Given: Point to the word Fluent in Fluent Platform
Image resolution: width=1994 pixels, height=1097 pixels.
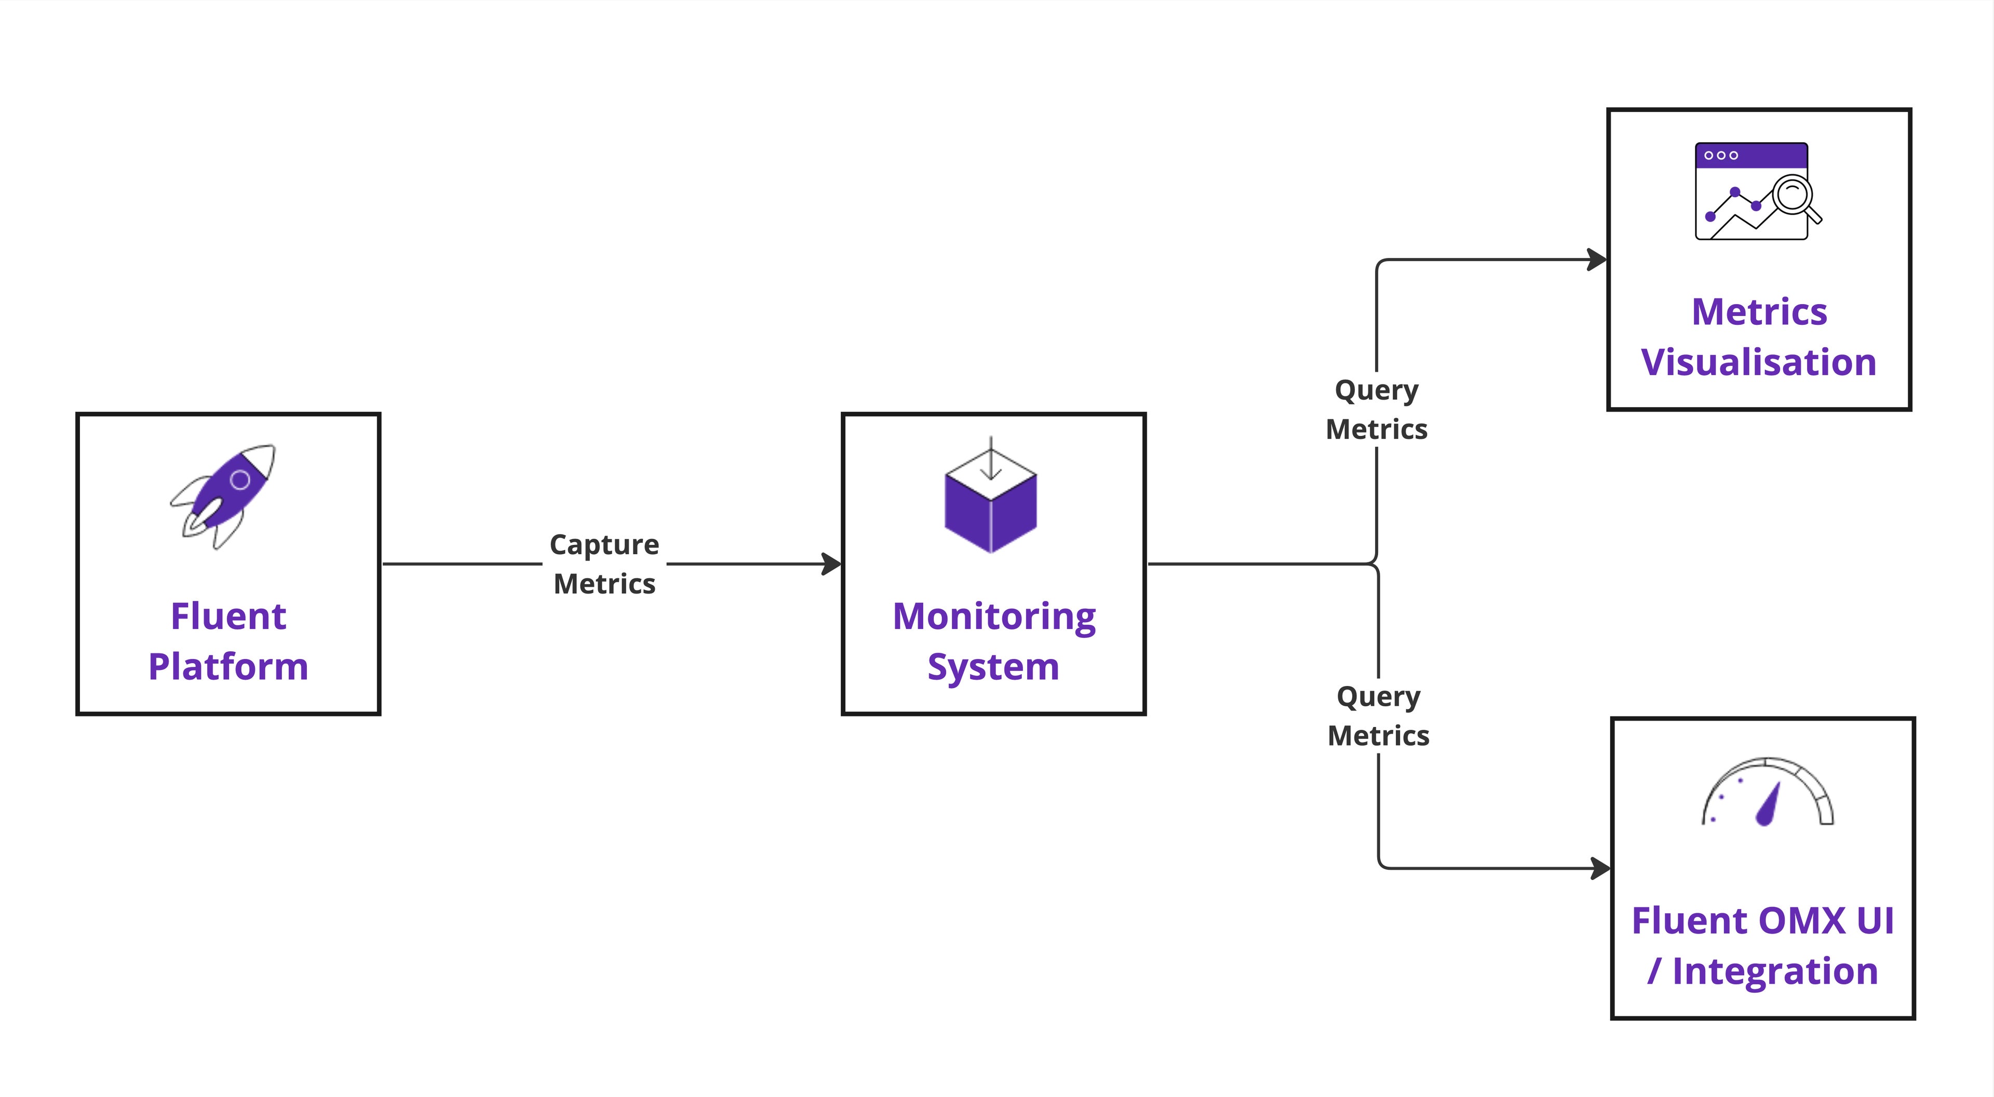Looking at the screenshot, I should pyautogui.click(x=228, y=616).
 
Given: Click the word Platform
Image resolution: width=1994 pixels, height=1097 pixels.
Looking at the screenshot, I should pyautogui.click(x=228, y=667).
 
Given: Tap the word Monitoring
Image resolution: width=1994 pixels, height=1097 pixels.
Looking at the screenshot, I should pyautogui.click(x=994, y=616).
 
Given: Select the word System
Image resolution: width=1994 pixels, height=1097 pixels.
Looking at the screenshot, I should pyautogui.click(x=993, y=667).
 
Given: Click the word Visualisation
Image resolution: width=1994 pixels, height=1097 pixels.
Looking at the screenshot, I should pyautogui.click(x=1759, y=362).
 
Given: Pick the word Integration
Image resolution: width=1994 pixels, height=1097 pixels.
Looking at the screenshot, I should pyautogui.click(x=1775, y=971).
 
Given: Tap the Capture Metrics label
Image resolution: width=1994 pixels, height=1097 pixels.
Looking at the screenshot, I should pyautogui.click(x=604, y=564).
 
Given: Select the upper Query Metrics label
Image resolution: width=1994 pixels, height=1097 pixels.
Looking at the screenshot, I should pyautogui.click(x=1376, y=409).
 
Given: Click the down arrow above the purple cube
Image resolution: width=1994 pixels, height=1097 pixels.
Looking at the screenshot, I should pyautogui.click(x=991, y=464).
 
